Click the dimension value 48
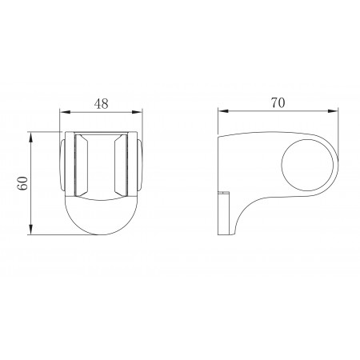[x=102, y=103]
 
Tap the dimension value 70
[x=278, y=102]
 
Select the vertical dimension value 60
[x=23, y=183]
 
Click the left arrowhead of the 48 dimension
[x=64, y=112]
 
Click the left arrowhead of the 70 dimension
[x=222, y=111]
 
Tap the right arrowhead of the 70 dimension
[x=334, y=111]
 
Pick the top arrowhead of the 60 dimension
[x=31, y=137]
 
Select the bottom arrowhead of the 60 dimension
[x=31, y=230]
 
